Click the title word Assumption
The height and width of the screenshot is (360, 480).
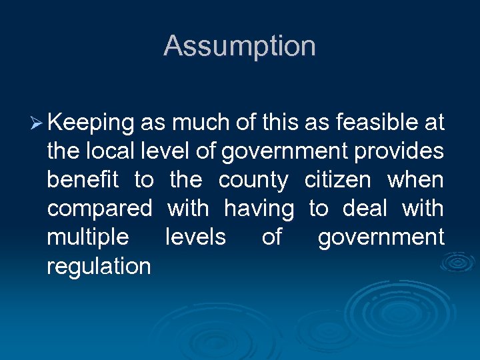(x=239, y=47)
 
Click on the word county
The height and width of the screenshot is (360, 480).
(x=253, y=181)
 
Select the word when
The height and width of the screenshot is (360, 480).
(x=415, y=180)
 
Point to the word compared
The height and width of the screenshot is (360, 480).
(x=99, y=209)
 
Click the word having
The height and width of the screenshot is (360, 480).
(x=259, y=209)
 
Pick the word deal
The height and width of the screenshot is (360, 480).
(x=365, y=209)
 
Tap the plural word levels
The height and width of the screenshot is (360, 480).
(x=195, y=237)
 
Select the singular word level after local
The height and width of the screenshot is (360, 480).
(x=167, y=151)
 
